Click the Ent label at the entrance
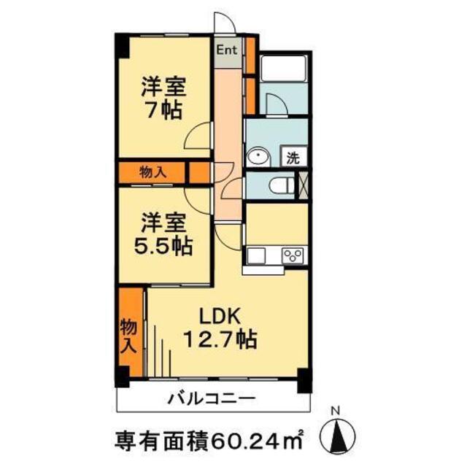(226, 51)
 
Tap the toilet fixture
(281, 185)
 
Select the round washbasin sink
(258, 156)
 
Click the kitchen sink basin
(257, 255)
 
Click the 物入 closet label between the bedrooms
(153, 172)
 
